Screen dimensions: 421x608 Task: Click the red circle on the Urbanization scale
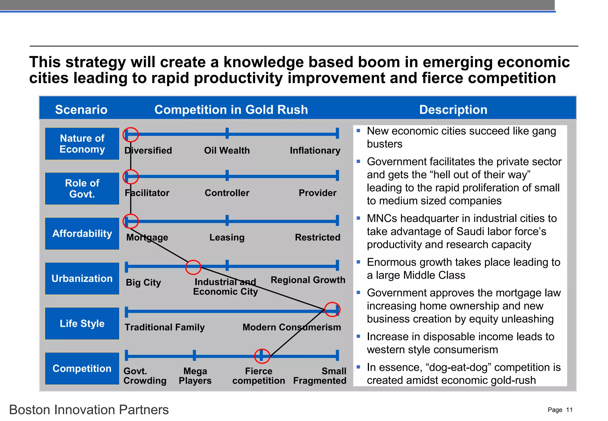pos(193,267)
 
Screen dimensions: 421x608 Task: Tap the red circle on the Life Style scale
pos(332,310)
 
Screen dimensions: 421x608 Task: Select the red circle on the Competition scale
pos(262,356)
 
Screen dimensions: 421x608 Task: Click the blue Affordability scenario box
pos(82,234)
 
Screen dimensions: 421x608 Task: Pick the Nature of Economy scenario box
pos(82,144)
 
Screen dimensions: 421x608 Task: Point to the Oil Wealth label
pos(227,151)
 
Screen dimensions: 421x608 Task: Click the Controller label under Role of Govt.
pos(227,193)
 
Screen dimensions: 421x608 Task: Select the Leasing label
pos(227,238)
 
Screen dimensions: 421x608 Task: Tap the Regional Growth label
pos(308,280)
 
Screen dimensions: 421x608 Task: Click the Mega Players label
pos(195,376)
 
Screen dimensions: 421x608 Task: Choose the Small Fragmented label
pos(320,376)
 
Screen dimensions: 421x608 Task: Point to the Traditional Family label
pos(164,327)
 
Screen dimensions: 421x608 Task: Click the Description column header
pos(453,110)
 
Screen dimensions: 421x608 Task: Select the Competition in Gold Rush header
pos(231,110)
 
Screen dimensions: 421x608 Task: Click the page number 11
pos(569,410)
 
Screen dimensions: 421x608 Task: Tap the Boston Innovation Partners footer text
pos(89,410)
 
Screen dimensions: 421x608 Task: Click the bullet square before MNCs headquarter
pos(359,218)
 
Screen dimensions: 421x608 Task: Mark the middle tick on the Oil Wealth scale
pos(227,133)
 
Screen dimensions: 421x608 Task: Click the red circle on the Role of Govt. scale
pos(131,177)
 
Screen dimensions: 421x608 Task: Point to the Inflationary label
pos(315,151)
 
